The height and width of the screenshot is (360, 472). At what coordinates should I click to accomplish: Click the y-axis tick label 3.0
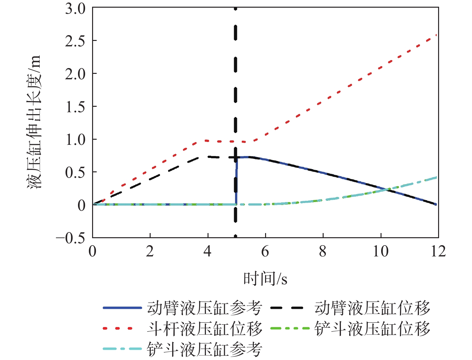click(x=75, y=9)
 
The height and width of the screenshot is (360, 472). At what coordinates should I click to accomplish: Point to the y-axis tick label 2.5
click(x=75, y=41)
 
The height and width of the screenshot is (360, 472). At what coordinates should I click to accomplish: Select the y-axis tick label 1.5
click(x=75, y=107)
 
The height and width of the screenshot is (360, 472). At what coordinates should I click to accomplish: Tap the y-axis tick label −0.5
click(x=71, y=238)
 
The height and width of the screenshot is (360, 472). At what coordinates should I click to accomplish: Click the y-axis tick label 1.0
click(x=75, y=140)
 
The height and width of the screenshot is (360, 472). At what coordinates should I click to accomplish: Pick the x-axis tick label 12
click(x=438, y=252)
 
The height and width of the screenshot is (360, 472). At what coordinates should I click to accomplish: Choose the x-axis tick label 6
click(x=265, y=252)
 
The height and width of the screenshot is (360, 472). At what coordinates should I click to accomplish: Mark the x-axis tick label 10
click(x=381, y=252)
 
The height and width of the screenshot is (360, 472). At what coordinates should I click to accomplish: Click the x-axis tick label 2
click(x=150, y=252)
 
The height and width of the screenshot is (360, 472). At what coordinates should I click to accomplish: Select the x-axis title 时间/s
click(x=265, y=279)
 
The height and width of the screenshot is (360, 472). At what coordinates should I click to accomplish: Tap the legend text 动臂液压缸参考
click(x=205, y=308)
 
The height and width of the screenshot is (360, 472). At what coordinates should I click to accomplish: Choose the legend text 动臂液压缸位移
click(x=372, y=308)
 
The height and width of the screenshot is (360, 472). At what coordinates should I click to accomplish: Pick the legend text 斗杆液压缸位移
click(x=205, y=329)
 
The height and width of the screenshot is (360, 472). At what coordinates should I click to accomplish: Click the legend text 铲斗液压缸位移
click(x=372, y=329)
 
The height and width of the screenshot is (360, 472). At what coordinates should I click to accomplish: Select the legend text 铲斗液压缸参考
click(x=205, y=349)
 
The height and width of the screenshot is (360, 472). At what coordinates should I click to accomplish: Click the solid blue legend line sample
click(x=122, y=308)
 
